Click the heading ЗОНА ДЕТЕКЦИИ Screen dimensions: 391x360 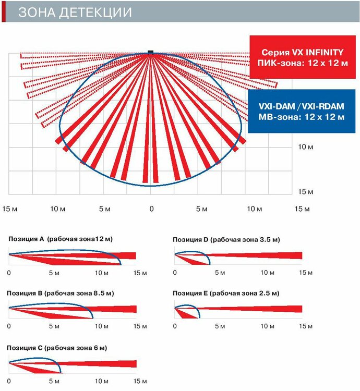[x=75, y=12]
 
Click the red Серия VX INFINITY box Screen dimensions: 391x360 [x=302, y=57]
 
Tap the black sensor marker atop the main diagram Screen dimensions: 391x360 [x=151, y=52]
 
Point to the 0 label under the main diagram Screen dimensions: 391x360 [x=151, y=209]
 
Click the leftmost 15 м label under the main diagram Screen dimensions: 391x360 [x=10, y=209]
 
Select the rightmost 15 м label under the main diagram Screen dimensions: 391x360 [x=302, y=209]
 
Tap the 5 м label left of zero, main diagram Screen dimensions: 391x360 [x=104, y=209]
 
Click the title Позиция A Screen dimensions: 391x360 [x=61, y=239]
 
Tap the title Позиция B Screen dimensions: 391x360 [x=59, y=293]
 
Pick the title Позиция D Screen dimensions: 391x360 [x=226, y=239]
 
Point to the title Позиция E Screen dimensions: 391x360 [x=226, y=294]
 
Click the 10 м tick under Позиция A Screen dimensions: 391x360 [x=101, y=273]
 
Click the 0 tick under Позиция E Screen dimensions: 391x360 [x=175, y=327]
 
